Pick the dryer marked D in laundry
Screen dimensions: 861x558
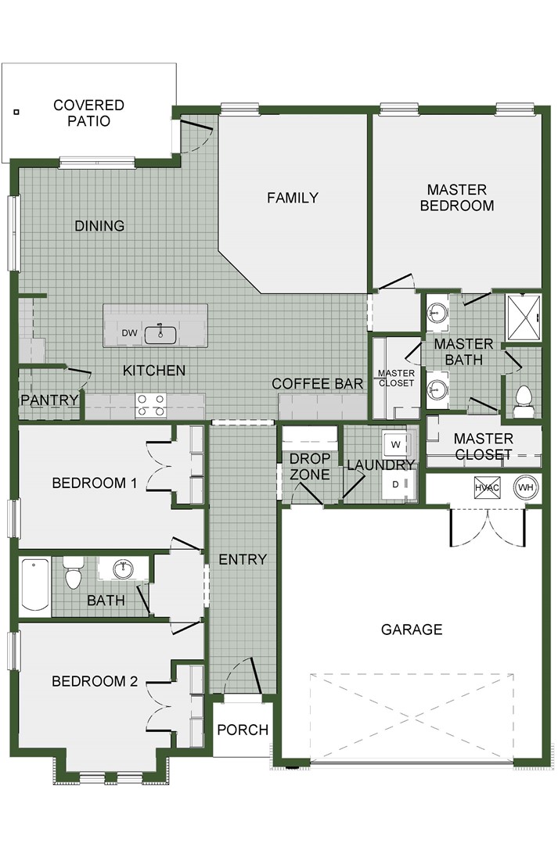(396, 485)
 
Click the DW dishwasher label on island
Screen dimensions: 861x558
(130, 334)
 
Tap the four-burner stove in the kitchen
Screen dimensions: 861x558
(151, 405)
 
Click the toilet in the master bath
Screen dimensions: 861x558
(524, 400)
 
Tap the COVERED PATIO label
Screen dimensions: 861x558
(88, 113)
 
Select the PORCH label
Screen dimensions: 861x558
(243, 730)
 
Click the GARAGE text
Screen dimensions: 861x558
(412, 629)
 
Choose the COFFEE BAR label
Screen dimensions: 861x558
(317, 383)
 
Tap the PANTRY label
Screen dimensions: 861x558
(50, 400)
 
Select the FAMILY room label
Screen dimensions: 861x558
(293, 197)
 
